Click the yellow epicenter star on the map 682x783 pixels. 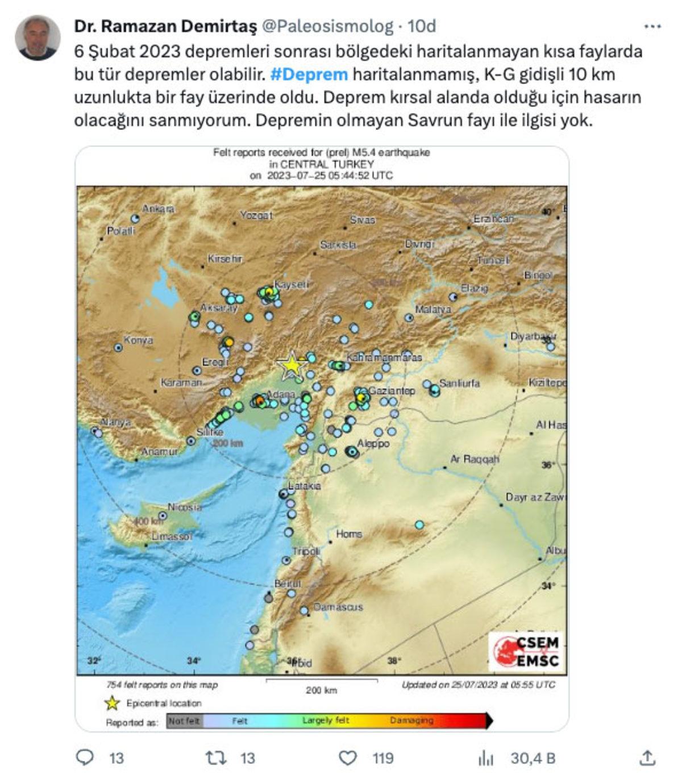[291, 365]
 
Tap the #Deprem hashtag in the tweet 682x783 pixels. [309, 74]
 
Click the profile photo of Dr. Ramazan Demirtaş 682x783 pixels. [38, 38]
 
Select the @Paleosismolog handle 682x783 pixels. [326, 26]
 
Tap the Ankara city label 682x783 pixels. [158, 209]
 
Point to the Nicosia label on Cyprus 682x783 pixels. [184, 507]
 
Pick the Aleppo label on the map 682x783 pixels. [373, 443]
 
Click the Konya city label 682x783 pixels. [138, 340]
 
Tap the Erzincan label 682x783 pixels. [493, 219]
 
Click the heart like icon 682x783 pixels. [348, 758]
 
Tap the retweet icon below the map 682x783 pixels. [215, 758]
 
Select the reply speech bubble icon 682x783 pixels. [85, 758]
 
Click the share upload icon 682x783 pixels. [647, 758]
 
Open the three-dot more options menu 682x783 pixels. [652, 26]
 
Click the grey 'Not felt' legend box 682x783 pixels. [185, 721]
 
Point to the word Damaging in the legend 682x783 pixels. [411, 720]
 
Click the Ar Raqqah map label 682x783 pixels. [474, 459]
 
